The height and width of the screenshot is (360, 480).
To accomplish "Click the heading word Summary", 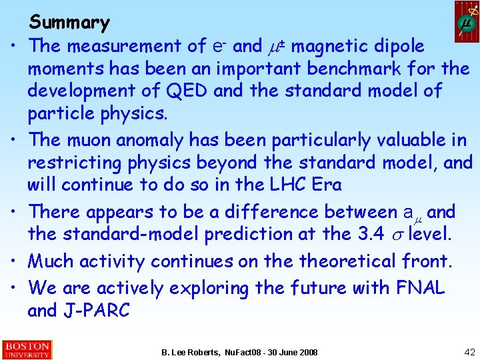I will tap(69, 23).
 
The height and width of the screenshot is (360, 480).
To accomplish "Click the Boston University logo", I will tap(27, 350).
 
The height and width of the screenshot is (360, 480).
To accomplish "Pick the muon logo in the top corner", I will tap(467, 21).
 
